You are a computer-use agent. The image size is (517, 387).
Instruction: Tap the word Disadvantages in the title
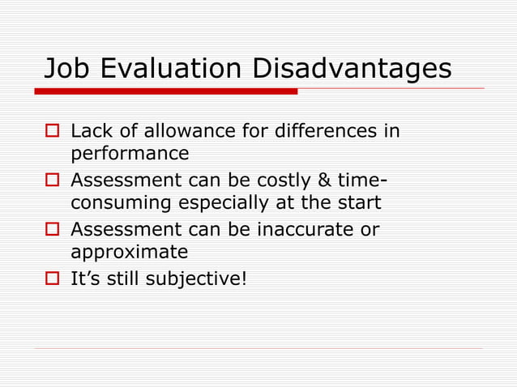(x=351, y=69)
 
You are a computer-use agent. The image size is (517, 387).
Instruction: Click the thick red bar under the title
(x=170, y=91)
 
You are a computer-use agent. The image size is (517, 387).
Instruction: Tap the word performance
(x=130, y=153)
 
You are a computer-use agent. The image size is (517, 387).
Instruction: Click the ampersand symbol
(x=329, y=181)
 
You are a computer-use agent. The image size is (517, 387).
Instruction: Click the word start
(x=354, y=202)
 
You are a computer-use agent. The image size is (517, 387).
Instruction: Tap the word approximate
(x=129, y=253)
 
